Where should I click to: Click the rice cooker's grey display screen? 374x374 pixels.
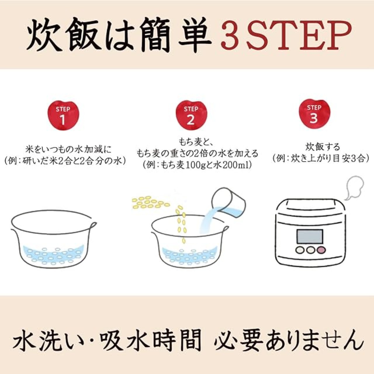[309, 237]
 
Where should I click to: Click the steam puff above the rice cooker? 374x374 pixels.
[354, 188]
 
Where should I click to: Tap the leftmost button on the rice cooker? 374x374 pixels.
[300, 250]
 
